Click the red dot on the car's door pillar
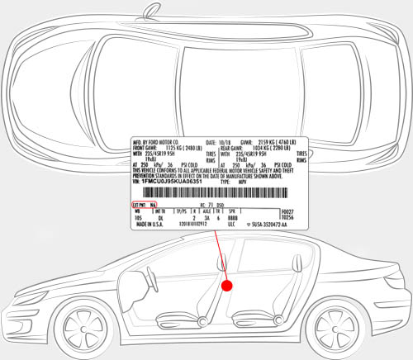(229, 284)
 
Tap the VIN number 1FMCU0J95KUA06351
(171, 179)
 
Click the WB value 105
(139, 218)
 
